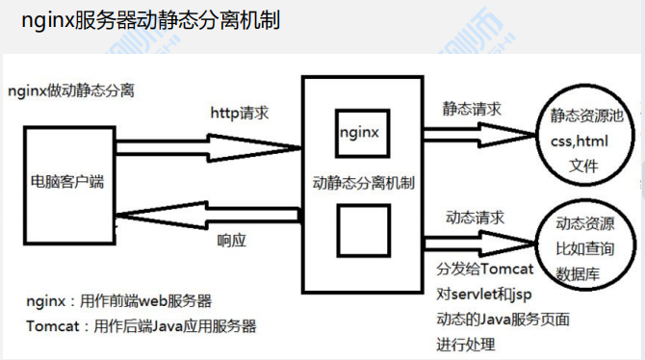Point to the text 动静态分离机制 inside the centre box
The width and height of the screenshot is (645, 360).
coord(364,180)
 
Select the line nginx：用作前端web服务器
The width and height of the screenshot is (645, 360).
coord(119,301)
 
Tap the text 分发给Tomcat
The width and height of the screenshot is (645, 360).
coord(484,268)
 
